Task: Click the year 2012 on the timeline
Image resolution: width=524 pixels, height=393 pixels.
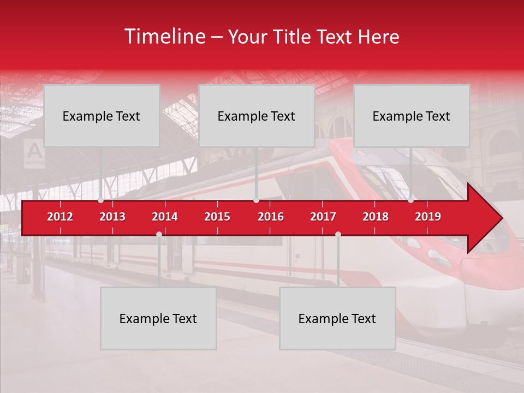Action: point(60,217)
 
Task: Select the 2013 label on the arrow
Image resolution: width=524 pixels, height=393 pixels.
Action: point(112,217)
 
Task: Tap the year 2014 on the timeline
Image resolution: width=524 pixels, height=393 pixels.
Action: point(165,217)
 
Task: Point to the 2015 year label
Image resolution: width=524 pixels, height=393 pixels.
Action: point(217,217)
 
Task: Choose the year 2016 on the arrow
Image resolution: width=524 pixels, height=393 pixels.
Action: point(271,217)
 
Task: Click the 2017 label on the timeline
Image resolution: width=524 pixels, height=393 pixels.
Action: point(323,217)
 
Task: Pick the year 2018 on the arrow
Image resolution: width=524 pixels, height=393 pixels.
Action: point(376,217)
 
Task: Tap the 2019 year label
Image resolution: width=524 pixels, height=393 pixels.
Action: point(428,217)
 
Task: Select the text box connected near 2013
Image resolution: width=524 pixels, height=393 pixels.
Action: point(102,116)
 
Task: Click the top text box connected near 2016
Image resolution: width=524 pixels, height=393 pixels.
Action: point(257,116)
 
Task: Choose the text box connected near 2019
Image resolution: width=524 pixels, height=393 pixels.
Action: point(412,116)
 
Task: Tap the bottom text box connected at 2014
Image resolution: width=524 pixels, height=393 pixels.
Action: point(158,318)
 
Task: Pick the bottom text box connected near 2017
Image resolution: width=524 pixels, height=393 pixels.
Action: point(337,318)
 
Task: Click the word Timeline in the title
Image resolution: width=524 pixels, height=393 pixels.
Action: point(164,37)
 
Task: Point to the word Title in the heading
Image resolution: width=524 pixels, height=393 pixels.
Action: point(294,37)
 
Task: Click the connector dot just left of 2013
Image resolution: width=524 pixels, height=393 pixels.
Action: point(100,200)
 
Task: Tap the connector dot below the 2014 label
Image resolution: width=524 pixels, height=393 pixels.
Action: point(159,234)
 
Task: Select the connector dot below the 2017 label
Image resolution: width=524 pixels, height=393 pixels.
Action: point(338,234)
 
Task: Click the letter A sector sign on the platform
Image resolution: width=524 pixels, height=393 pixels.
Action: point(34,153)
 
